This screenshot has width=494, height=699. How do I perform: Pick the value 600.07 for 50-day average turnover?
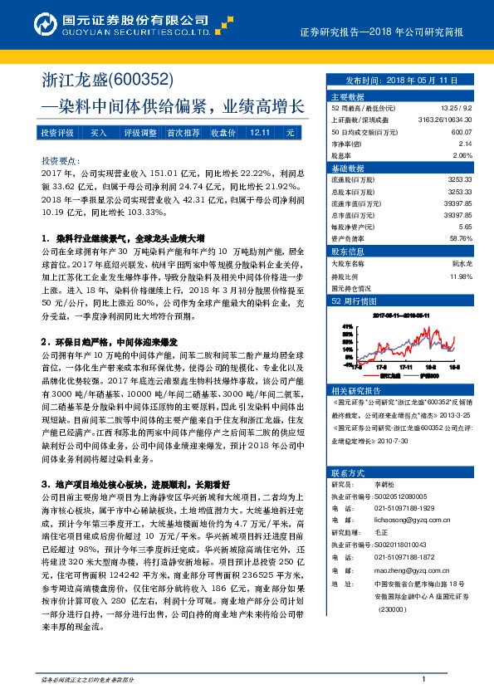(461, 131)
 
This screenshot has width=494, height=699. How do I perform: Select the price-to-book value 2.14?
(464, 143)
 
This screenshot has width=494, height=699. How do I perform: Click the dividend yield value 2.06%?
(462, 155)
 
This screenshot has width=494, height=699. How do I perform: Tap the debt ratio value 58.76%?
(460, 237)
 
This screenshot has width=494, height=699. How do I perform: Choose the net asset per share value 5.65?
(465, 226)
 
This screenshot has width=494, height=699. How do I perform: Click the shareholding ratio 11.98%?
(460, 276)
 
